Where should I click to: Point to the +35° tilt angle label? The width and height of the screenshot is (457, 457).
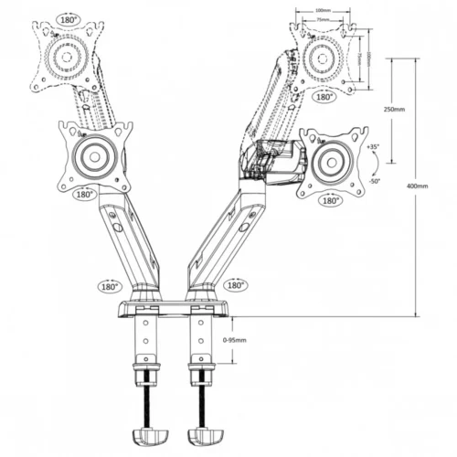click(373, 147)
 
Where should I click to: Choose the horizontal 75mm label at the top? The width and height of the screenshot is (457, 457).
click(323, 18)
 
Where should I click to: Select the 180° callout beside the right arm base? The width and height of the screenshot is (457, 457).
click(234, 285)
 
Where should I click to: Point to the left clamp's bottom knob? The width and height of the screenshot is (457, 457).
click(148, 432)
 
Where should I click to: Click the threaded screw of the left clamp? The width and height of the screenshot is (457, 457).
click(146, 398)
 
